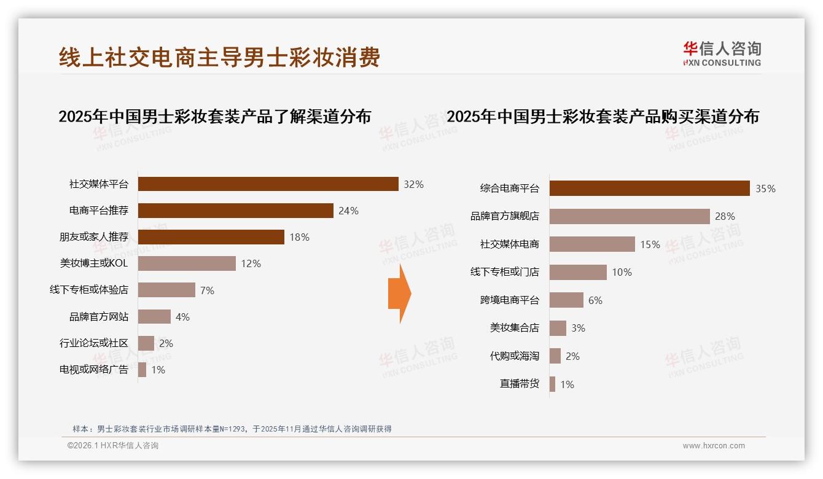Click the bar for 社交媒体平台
(268, 184)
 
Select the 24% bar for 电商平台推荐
(235, 211)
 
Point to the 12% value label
(251, 263)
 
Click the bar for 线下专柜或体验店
(166, 290)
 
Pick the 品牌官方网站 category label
(98, 317)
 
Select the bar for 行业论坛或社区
(146, 343)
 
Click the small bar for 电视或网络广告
(142, 370)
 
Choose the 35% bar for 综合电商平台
(649, 189)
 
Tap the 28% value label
(725, 216)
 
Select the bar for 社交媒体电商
(592, 244)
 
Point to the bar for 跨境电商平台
(566, 300)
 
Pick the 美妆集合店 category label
(514, 328)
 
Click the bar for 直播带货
(552, 384)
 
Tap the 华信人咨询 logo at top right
(722, 53)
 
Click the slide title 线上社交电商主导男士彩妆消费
(219, 57)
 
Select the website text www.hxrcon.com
(714, 446)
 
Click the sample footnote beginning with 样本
(232, 429)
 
